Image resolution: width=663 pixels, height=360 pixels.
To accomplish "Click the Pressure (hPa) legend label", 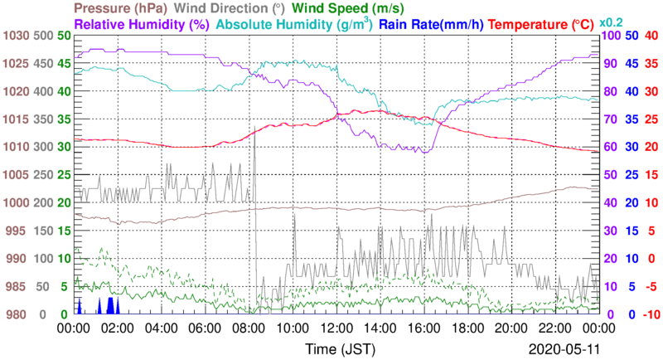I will pyautogui.click(x=124, y=8).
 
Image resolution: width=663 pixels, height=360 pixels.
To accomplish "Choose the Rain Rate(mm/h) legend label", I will pyautogui.click(x=431, y=25).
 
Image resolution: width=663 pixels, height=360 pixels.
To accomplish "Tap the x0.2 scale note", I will pyautogui.click(x=611, y=23).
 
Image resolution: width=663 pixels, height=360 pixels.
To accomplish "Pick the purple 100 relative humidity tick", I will pyautogui.click(x=611, y=36).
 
